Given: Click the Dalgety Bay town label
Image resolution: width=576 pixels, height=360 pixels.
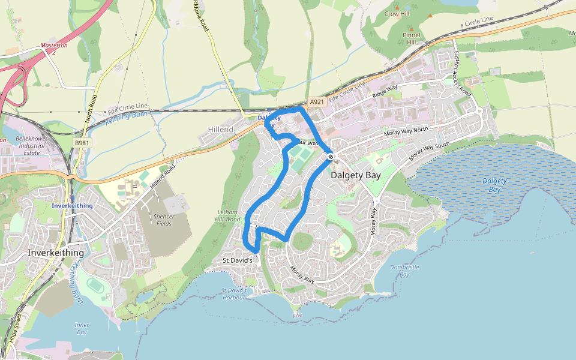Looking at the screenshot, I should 356,176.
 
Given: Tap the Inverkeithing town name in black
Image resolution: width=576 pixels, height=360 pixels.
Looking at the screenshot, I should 56,253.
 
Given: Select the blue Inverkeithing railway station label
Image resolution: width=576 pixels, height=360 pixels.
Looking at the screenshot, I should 72,206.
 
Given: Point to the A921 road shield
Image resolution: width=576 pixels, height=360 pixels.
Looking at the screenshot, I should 317,102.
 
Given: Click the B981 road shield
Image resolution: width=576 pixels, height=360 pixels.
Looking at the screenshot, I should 82,143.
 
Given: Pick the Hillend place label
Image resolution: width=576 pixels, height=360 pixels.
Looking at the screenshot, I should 220,130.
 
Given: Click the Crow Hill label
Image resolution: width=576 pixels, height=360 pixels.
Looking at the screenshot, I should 396,13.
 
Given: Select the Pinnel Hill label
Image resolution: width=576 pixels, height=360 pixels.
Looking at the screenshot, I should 412,39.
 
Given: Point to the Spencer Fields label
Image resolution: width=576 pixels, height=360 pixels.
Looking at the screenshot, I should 164,220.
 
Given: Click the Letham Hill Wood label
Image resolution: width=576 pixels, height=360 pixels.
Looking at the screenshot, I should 227,216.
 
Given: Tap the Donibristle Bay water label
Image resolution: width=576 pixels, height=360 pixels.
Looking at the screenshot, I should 404,271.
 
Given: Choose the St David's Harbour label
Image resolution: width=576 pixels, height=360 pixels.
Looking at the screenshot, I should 234,293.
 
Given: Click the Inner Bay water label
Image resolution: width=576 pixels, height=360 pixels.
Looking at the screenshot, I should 82,328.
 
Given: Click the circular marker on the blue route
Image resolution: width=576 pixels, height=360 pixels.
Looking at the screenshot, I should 331,157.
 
